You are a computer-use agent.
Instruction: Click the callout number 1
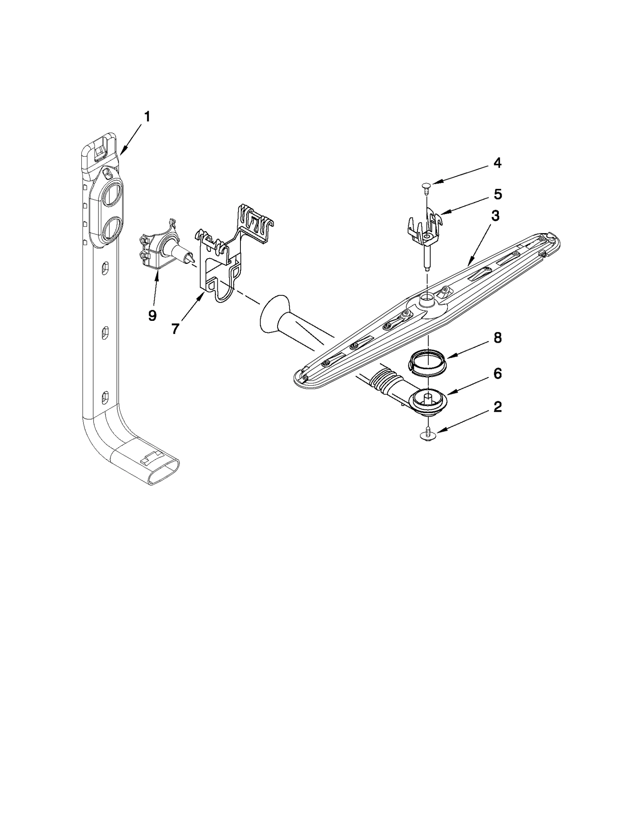147,117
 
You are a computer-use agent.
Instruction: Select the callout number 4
497,163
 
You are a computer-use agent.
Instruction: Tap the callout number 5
498,194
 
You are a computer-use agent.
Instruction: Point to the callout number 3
495,216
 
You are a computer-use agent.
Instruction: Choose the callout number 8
497,338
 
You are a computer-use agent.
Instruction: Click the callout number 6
497,373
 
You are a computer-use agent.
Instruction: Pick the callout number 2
497,407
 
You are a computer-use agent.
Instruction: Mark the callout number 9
152,315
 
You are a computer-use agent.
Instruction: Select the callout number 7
175,328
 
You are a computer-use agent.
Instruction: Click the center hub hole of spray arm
427,297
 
